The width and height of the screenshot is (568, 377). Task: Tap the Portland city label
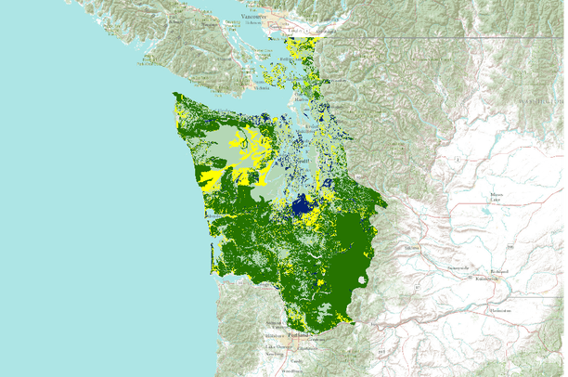pyautogui.click(x=298, y=334)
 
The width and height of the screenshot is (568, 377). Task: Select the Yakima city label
pyautogui.click(x=413, y=250)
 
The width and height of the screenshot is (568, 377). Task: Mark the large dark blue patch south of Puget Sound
pyautogui.click(x=302, y=206)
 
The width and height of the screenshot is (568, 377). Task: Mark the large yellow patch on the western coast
pyautogui.click(x=213, y=176)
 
